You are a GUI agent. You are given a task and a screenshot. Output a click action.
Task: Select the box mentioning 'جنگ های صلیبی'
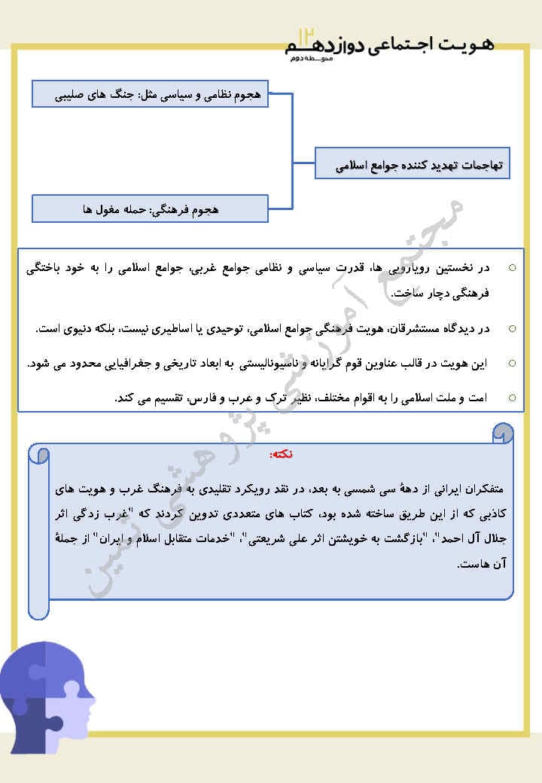tap(151, 95)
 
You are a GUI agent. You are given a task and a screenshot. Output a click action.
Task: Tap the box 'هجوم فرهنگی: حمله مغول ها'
tap(151, 209)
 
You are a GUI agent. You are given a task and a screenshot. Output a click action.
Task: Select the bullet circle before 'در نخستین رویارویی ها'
tap(513, 267)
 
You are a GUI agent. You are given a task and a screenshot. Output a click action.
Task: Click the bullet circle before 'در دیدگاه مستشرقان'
tap(513, 328)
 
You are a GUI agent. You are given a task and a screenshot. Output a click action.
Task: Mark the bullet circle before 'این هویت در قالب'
tap(513, 363)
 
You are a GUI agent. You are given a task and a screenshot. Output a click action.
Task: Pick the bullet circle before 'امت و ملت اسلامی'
tap(513, 397)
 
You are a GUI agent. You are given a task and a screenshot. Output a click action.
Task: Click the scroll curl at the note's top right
tap(504, 433)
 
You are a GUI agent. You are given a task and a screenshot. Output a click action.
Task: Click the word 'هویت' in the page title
tap(473, 46)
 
